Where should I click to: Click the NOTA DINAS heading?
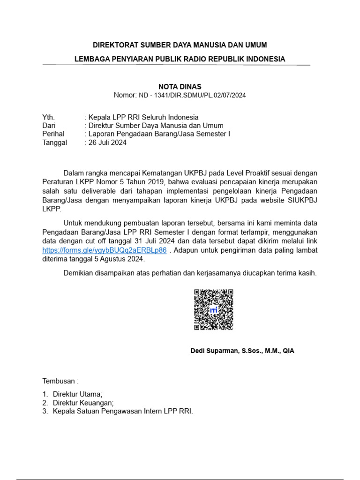[180, 86]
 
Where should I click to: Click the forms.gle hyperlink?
[104, 250]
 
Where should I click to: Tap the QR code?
[214, 309]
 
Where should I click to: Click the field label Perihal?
[53, 134]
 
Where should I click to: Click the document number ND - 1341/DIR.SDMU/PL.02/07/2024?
[192, 95]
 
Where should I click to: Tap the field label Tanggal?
[55, 142]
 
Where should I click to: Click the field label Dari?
[49, 126]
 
